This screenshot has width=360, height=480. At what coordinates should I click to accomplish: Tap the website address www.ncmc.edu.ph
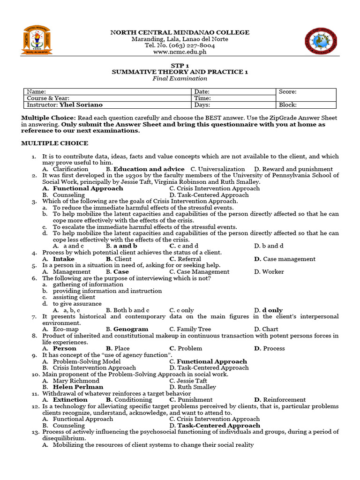180,52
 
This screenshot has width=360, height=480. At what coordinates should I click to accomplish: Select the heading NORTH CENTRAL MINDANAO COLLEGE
180,32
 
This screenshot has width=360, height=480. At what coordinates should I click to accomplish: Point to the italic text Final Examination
180,78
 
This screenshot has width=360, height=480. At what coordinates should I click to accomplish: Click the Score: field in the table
287,92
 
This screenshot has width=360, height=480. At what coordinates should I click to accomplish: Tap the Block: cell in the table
287,105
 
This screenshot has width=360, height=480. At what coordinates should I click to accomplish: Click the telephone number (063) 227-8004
189,46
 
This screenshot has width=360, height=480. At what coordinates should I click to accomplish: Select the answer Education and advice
149,169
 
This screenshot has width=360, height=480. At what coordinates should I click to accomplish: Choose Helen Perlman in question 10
78,387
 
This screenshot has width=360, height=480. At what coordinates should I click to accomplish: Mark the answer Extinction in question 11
70,400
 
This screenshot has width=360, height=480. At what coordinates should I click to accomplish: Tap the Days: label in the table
202,105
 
